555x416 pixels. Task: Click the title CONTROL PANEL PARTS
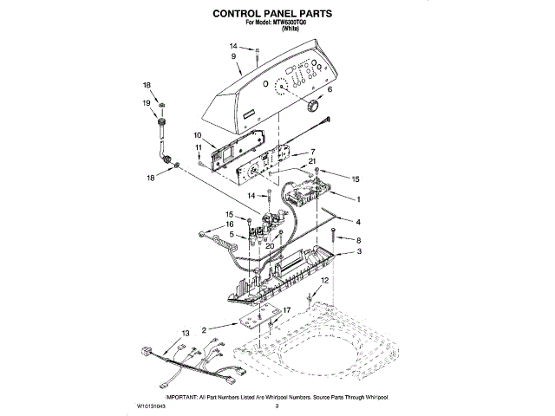coord(277,15)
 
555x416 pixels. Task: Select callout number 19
coord(147,102)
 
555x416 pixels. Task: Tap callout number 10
coord(198,135)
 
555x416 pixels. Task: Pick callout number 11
coord(198,148)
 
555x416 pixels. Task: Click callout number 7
coord(312,151)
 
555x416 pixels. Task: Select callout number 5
coord(232,235)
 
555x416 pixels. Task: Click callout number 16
coord(231,224)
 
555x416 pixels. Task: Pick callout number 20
coord(270,246)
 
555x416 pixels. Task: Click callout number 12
coord(324,283)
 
